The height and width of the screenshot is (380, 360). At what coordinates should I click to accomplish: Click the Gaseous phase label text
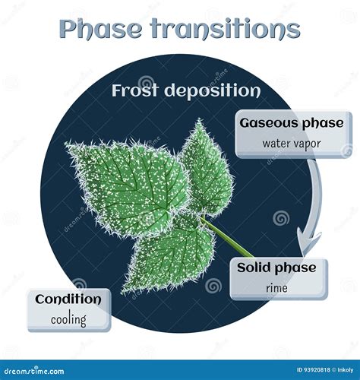coord(292,123)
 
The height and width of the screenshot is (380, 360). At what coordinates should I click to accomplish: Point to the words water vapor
coord(292,142)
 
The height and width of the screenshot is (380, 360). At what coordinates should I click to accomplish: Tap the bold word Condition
coord(68,299)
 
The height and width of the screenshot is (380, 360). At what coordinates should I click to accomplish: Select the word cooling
coord(68,319)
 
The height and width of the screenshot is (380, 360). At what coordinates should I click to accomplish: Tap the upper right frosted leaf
coord(205,167)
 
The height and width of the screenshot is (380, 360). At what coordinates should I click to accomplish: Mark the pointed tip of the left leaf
coord(68,144)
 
